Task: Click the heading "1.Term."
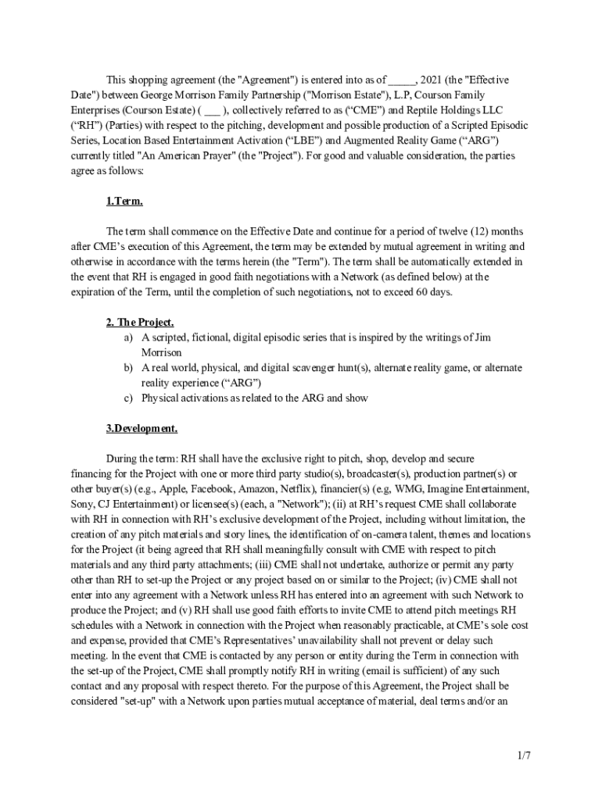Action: pos(124,202)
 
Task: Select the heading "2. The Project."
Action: pos(140,322)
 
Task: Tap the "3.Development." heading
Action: pos(142,428)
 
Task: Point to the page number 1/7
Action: pos(524,755)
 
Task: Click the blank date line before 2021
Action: pos(402,80)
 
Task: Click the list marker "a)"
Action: pos(127,337)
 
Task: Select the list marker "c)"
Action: pos(127,398)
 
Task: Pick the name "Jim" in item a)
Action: pos(484,337)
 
